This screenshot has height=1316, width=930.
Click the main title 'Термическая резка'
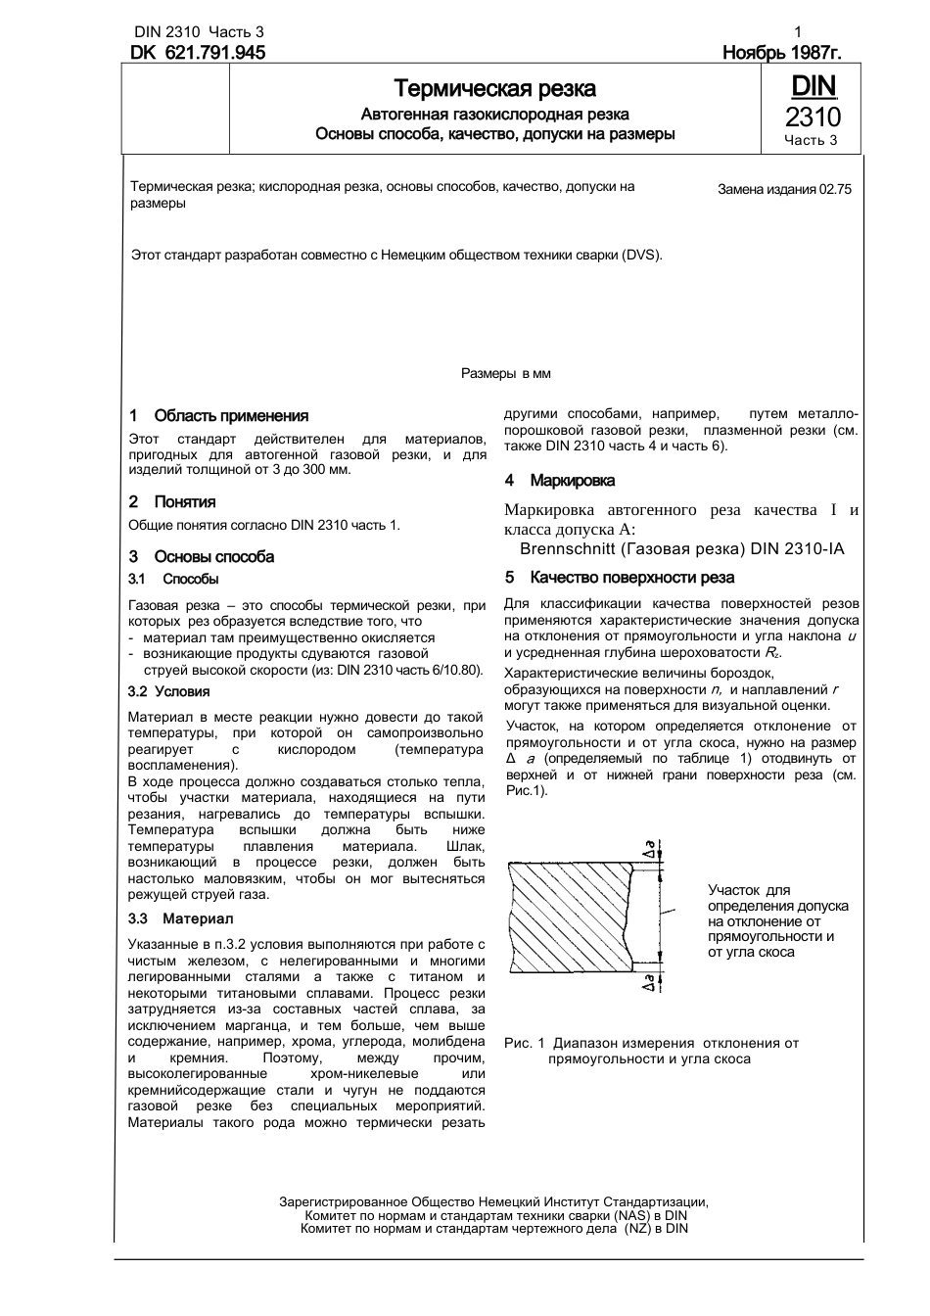coord(494,89)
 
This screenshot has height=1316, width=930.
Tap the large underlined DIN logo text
coord(813,87)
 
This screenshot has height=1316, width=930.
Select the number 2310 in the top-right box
coord(813,117)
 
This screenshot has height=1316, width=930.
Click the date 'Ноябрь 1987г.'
coord(781,53)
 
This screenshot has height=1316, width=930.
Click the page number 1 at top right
coord(799,32)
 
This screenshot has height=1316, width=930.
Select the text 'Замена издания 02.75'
coord(784,190)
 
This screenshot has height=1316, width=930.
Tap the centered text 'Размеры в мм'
coord(505,373)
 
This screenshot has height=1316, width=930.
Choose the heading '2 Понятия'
coord(172,502)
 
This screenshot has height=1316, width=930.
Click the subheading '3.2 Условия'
coord(168,691)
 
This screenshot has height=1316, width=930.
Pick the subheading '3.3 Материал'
coord(180,918)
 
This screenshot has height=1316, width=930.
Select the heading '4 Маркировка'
coord(560,481)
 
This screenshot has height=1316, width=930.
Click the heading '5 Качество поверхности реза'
coord(619,578)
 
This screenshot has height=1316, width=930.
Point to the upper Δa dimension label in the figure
coord(649,848)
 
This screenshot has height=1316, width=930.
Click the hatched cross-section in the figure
coord(568,916)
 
